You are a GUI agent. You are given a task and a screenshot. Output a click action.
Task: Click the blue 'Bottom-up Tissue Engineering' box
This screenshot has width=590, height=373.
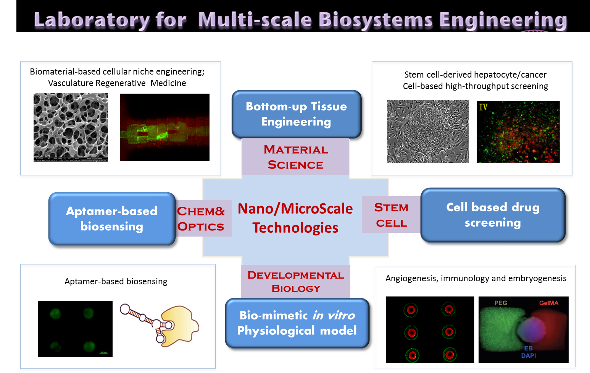(296, 114)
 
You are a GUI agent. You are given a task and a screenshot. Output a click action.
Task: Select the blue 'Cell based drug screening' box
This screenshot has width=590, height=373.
(493, 215)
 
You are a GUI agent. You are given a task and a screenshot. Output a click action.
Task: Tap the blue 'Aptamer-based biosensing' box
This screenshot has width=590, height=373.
(111, 219)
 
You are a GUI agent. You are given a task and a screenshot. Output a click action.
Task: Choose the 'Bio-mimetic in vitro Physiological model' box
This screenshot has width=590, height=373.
(297, 323)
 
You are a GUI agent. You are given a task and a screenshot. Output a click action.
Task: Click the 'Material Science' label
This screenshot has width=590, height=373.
(296, 157)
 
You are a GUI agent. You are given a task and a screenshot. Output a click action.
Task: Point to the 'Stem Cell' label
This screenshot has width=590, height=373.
(391, 215)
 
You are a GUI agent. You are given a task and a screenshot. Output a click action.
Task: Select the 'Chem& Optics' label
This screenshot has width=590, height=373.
(201, 219)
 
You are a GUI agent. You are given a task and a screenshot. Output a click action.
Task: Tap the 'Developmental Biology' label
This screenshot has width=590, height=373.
(296, 281)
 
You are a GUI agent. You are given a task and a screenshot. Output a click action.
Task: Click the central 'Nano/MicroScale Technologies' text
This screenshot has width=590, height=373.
(295, 218)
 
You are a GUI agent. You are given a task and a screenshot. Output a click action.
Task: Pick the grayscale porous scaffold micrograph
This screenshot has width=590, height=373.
(71, 127)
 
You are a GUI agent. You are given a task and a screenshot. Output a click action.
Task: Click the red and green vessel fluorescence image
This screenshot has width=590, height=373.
(164, 127)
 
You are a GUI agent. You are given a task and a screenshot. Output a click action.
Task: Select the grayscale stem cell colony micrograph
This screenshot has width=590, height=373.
(428, 131)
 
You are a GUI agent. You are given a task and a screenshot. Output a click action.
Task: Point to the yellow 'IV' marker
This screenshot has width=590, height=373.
(483, 107)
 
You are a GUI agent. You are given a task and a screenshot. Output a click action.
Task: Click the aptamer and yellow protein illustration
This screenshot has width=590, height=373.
(159, 327)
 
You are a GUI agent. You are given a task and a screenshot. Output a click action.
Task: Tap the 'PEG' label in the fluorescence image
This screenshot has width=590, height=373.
(501, 303)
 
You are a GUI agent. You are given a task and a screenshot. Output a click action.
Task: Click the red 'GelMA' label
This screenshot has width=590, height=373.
(549, 303)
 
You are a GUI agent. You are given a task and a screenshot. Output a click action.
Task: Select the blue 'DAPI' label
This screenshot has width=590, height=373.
(529, 355)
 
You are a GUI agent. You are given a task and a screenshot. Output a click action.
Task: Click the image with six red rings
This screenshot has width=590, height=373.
(430, 330)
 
